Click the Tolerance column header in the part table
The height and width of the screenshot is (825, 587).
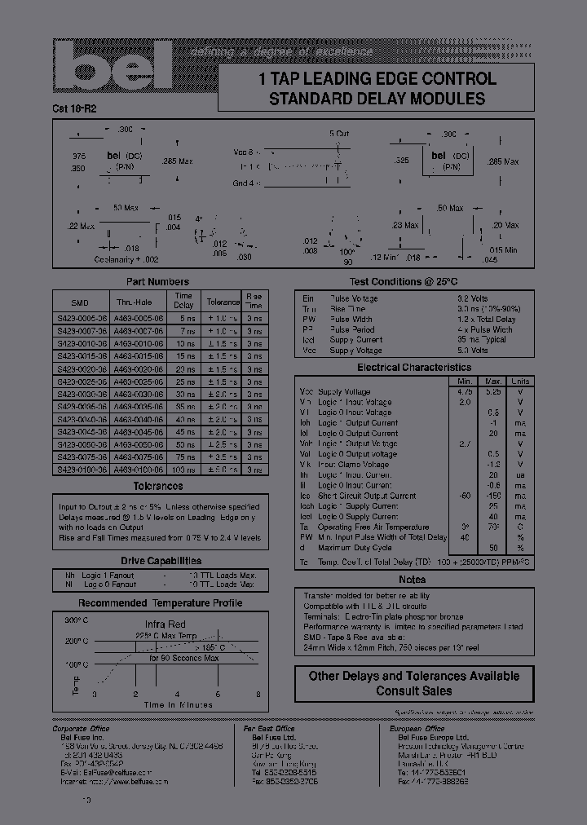point(223,301)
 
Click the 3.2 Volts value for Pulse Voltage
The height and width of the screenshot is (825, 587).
point(473,298)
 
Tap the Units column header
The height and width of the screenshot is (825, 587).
point(519,381)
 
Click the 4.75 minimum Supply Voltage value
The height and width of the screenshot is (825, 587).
point(465,391)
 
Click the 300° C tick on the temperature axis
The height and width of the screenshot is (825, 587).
point(77,620)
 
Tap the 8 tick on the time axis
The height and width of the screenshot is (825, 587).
point(258,695)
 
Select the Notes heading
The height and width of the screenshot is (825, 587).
point(412,580)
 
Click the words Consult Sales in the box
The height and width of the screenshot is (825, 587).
point(413,690)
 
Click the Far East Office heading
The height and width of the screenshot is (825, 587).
point(269,729)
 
